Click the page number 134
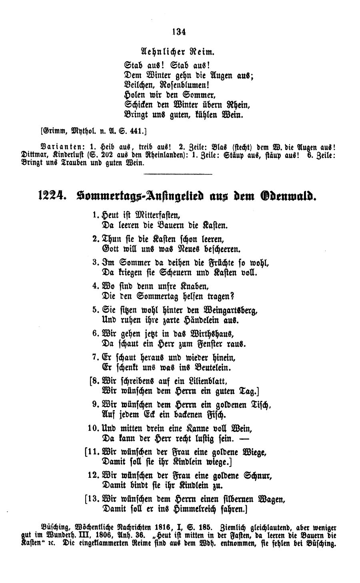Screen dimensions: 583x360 (x=179, y=32)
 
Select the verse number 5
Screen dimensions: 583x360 (x=95, y=311)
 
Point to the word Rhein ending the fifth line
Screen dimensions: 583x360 (x=240, y=105)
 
